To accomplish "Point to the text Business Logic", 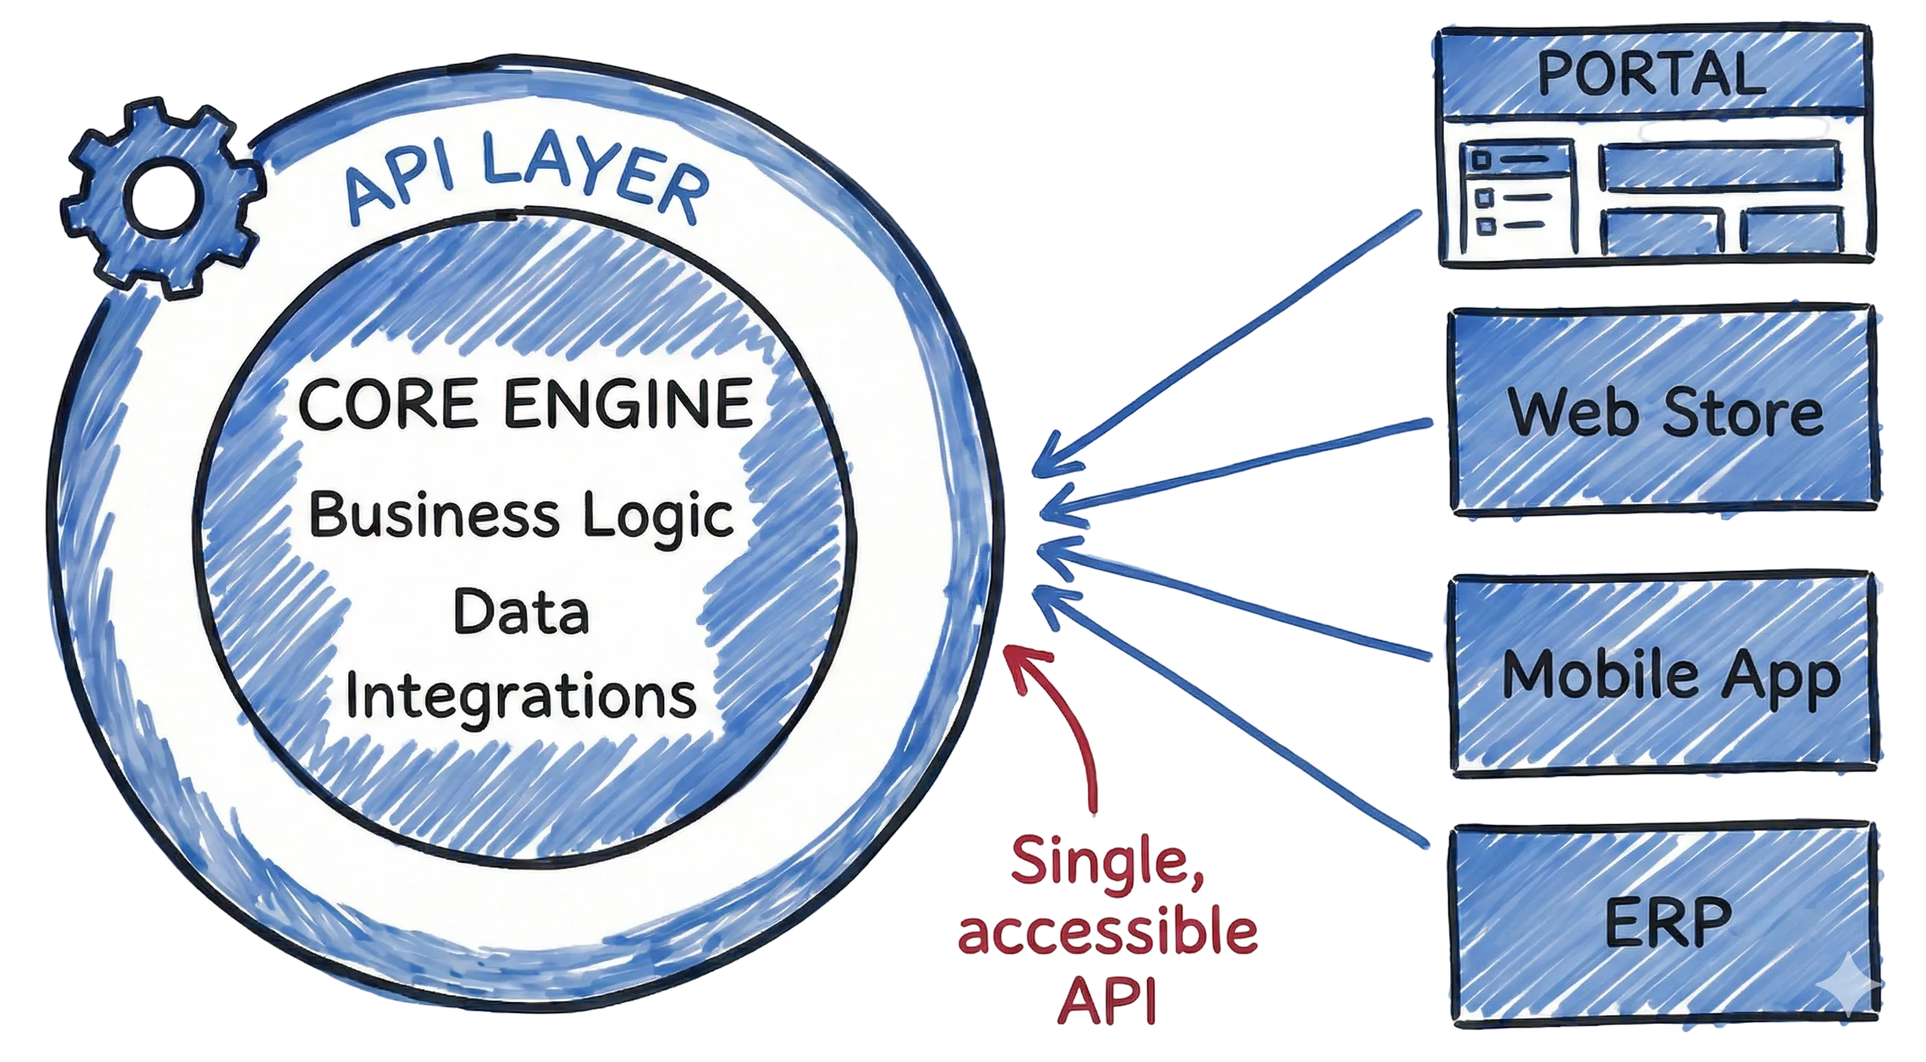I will (x=521, y=516).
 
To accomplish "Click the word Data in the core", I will (x=521, y=612).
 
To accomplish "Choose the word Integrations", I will (x=521, y=694).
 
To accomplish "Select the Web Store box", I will (x=1664, y=412).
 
